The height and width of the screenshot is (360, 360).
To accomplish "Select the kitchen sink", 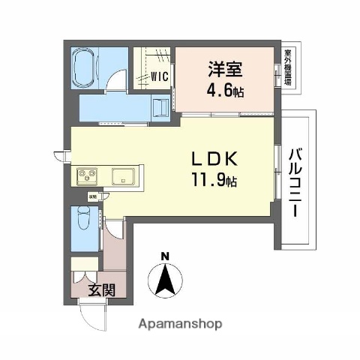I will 123,177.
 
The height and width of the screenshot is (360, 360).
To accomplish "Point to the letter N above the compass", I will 165,256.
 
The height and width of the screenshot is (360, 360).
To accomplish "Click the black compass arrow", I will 166,281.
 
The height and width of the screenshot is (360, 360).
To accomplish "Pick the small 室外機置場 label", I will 288,65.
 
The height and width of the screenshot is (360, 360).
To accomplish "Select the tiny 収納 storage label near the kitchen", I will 92,196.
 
